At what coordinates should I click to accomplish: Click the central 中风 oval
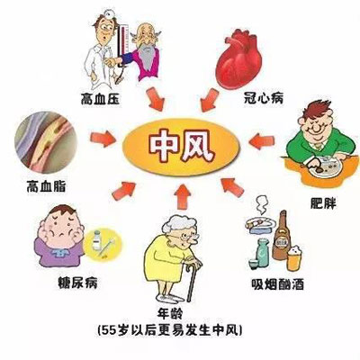(181, 147)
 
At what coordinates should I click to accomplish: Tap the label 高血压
(100, 99)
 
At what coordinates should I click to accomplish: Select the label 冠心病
(264, 97)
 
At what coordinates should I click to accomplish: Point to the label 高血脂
(46, 185)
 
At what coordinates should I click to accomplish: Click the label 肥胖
(323, 203)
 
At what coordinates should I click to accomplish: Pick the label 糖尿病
(77, 283)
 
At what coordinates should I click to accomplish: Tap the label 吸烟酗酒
(277, 283)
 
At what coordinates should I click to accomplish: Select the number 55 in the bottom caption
(109, 330)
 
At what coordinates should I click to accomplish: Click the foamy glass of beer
(294, 257)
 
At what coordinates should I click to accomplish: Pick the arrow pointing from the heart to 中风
(209, 100)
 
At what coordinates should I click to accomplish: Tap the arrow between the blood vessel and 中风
(103, 139)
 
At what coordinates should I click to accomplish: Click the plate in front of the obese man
(327, 166)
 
